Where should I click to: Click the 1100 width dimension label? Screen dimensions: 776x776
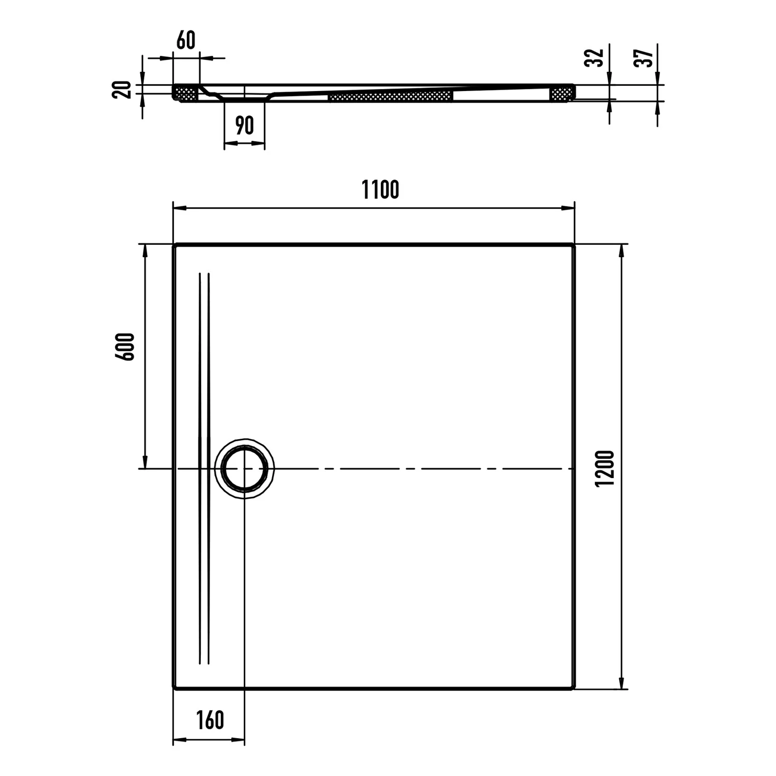tap(380, 189)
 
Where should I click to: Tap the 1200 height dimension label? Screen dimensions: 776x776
tap(604, 468)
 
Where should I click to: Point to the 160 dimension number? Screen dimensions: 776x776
tap(210, 720)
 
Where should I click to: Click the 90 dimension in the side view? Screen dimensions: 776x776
tap(244, 126)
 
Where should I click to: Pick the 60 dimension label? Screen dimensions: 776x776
tap(186, 40)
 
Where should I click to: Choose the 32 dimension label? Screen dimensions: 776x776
tap(594, 57)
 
